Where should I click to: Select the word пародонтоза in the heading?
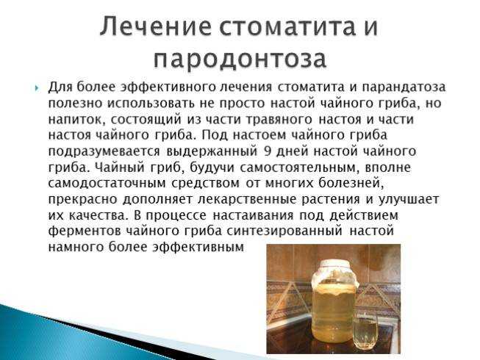tap(240, 59)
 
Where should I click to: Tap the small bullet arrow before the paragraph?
tap(37, 88)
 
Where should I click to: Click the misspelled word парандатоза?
tap(404, 87)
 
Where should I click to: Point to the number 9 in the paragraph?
tap(268, 151)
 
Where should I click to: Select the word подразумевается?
tap(104, 151)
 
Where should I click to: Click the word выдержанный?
tap(212, 151)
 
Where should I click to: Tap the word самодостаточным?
tap(107, 183)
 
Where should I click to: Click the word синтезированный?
tap(284, 231)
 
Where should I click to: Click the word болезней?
tap(352, 183)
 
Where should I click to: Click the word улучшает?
tap(409, 199)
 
